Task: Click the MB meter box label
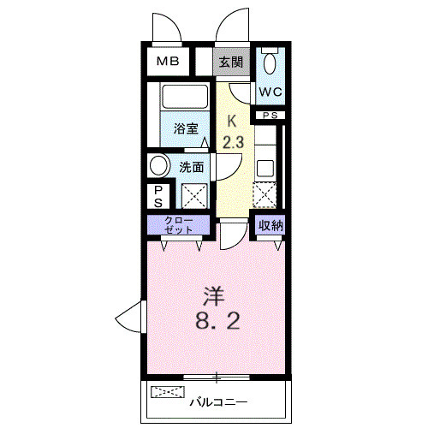(x=167, y=62)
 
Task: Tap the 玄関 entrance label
(x=230, y=62)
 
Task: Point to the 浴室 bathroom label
(x=187, y=129)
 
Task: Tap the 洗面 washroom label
(x=192, y=167)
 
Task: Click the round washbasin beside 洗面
(x=160, y=165)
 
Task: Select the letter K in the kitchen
(x=230, y=122)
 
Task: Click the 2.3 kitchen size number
(x=233, y=142)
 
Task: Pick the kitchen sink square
(x=265, y=167)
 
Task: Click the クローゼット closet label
(x=179, y=225)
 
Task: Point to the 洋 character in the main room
(x=213, y=297)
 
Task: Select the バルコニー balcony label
(x=218, y=400)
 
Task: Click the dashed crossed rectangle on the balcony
(x=168, y=394)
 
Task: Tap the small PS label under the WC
(x=270, y=115)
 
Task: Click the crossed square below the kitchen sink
(x=265, y=196)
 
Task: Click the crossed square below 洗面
(x=193, y=195)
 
